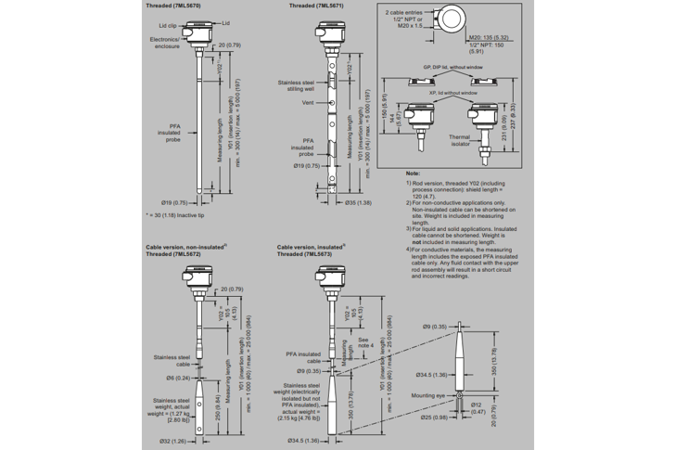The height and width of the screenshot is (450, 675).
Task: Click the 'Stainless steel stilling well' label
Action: pos(298,86)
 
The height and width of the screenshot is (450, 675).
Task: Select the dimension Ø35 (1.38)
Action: pos(358,201)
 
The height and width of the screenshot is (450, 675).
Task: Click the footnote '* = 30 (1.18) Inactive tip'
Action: pos(180,214)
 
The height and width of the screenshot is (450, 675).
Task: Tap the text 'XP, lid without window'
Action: pos(453,93)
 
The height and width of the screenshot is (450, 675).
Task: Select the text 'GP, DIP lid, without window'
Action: pos(453,68)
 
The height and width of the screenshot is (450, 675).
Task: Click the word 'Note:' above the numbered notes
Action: pos(414,174)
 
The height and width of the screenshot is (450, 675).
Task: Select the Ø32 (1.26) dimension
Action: pos(174,440)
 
